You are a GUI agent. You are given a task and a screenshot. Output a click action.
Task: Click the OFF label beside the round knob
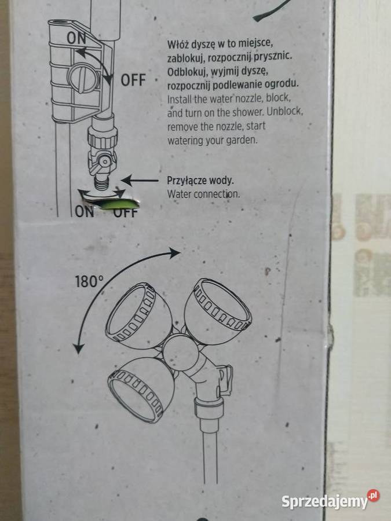133,80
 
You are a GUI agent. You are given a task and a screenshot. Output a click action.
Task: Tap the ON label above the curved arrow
76,38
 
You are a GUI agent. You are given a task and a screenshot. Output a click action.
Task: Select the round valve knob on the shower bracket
83,78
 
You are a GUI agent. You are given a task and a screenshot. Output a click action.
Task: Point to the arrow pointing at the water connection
139,181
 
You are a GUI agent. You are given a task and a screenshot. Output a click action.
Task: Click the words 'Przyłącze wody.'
200,181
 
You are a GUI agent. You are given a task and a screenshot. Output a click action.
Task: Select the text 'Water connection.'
203,194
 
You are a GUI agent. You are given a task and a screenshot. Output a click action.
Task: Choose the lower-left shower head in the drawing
141,389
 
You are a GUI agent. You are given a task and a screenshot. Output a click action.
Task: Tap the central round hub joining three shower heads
181,352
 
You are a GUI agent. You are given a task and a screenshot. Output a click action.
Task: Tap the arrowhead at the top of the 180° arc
175,253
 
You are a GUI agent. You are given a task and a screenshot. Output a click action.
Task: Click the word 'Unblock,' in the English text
284,111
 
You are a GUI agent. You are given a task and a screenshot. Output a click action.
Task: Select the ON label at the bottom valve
84,212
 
